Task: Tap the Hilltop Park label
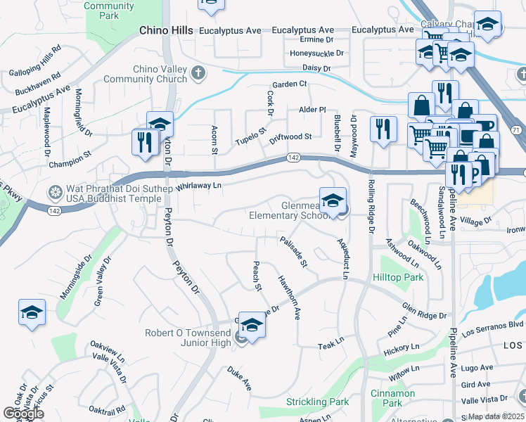pyautogui.click(x=398, y=278)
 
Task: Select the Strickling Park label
pyautogui.click(x=318, y=402)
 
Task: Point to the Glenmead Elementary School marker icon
pyautogui.click(x=333, y=202)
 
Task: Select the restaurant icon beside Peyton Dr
pyautogui.click(x=143, y=141)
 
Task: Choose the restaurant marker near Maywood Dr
pyautogui.click(x=383, y=129)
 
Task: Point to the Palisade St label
pyautogui.click(x=294, y=252)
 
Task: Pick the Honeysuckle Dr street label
pyautogui.click(x=317, y=53)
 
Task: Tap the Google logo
pyautogui.click(x=23, y=414)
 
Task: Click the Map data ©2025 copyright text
pyautogui.click(x=496, y=416)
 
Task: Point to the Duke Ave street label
pyautogui.click(x=239, y=377)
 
